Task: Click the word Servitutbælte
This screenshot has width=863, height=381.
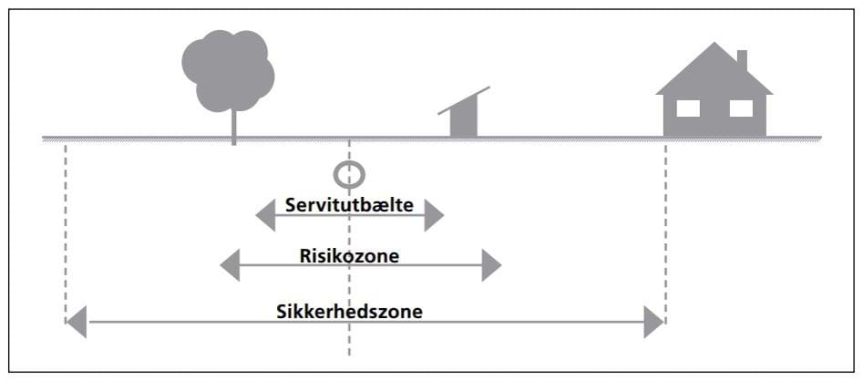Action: click(x=349, y=205)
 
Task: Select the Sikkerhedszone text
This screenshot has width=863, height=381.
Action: click(x=349, y=311)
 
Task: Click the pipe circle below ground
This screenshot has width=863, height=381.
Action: click(x=349, y=174)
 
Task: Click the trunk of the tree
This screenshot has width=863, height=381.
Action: click(x=233, y=125)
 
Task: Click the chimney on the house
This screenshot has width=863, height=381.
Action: click(x=742, y=60)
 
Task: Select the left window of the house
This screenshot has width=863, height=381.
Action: click(x=688, y=108)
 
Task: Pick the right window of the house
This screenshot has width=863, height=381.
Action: click(x=742, y=108)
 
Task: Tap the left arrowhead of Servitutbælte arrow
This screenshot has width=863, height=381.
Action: click(x=265, y=216)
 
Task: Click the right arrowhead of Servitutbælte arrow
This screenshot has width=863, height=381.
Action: click(x=434, y=216)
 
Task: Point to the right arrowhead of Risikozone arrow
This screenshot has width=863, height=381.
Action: click(x=491, y=265)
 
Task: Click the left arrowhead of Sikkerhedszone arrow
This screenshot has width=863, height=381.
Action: click(x=77, y=322)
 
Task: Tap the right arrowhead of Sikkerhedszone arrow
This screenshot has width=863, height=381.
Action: click(x=652, y=322)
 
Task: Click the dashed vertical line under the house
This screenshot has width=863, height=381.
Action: click(x=666, y=228)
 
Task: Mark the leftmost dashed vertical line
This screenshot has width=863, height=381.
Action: click(x=67, y=228)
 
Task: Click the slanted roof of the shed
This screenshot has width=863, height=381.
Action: click(x=464, y=100)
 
